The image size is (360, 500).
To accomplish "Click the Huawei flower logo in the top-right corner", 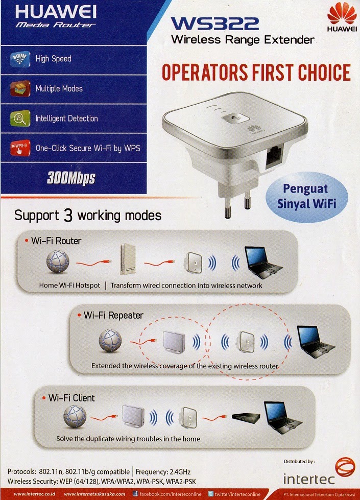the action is tap(342, 13).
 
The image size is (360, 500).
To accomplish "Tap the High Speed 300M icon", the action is tap(20, 59).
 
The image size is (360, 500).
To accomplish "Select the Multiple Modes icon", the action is tap(20, 88).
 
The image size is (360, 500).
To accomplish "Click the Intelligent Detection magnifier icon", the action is tap(20, 118).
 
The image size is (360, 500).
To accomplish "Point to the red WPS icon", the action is tap(20, 148).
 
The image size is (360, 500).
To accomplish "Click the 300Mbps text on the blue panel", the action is tap(71, 178).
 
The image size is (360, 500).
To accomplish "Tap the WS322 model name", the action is tap(214, 23).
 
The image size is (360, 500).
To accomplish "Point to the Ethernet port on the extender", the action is tap(274, 156).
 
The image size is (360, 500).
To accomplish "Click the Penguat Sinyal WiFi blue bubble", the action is tap(306, 197).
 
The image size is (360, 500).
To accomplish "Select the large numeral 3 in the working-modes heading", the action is tap(68, 216).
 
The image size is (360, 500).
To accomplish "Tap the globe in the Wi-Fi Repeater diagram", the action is tap(110, 341).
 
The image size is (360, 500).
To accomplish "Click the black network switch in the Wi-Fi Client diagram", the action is tap(246, 417).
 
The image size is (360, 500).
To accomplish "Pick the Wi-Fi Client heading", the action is tap(71, 398).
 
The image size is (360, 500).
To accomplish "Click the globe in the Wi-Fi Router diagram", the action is tap(58, 261).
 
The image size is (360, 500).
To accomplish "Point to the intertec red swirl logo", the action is tap(345, 467).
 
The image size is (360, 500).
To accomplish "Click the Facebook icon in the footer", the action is tap(135, 494).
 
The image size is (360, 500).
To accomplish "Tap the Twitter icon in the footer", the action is tap(210, 494).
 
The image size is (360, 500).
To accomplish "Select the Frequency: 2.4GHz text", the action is tap(163, 471).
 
